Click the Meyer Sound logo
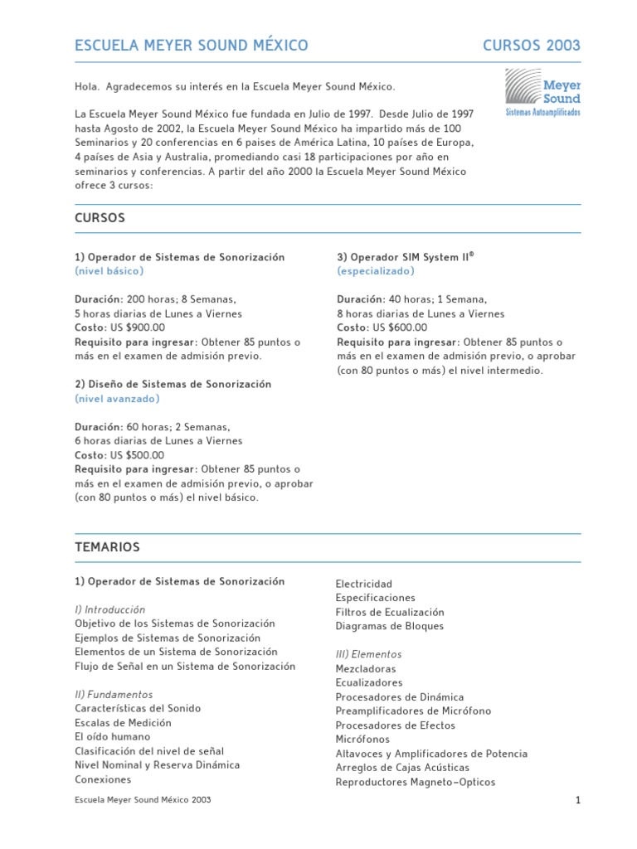pyautogui.click(x=542, y=92)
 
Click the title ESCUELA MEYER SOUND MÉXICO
pyautogui.click(x=192, y=46)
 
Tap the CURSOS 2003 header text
pyautogui.click(x=532, y=46)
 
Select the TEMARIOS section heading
pyautogui.click(x=107, y=547)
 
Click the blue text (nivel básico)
pyautogui.click(x=109, y=271)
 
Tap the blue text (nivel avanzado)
pyautogui.click(x=117, y=399)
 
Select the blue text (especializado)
pyautogui.click(x=376, y=271)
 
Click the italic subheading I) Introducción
pyautogui.click(x=109, y=609)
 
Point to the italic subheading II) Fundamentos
pyautogui.click(x=114, y=694)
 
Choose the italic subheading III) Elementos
pyautogui.click(x=368, y=654)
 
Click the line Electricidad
pyautogui.click(x=363, y=584)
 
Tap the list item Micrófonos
pyautogui.click(x=362, y=739)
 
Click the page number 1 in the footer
pyautogui.click(x=576, y=800)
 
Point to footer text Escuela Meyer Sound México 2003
pyautogui.click(x=143, y=800)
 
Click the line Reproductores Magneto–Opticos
pyautogui.click(x=415, y=782)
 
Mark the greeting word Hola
pyautogui.click(x=85, y=86)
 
